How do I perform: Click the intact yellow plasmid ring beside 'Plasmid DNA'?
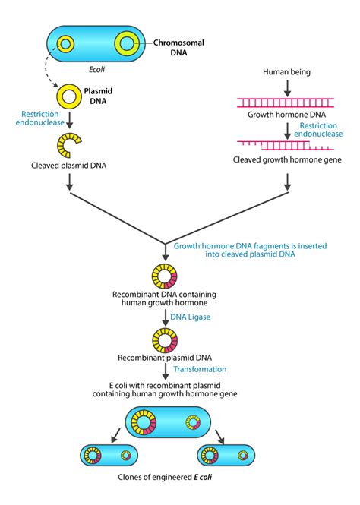click(x=71, y=96)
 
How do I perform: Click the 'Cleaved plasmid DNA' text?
click(x=70, y=165)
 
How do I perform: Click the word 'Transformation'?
click(x=200, y=369)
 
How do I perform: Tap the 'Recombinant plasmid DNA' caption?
click(x=165, y=356)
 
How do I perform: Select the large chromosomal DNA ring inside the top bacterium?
click(x=128, y=43)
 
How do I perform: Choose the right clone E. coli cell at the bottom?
click(x=226, y=456)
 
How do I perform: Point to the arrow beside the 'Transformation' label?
click(x=165, y=371)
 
